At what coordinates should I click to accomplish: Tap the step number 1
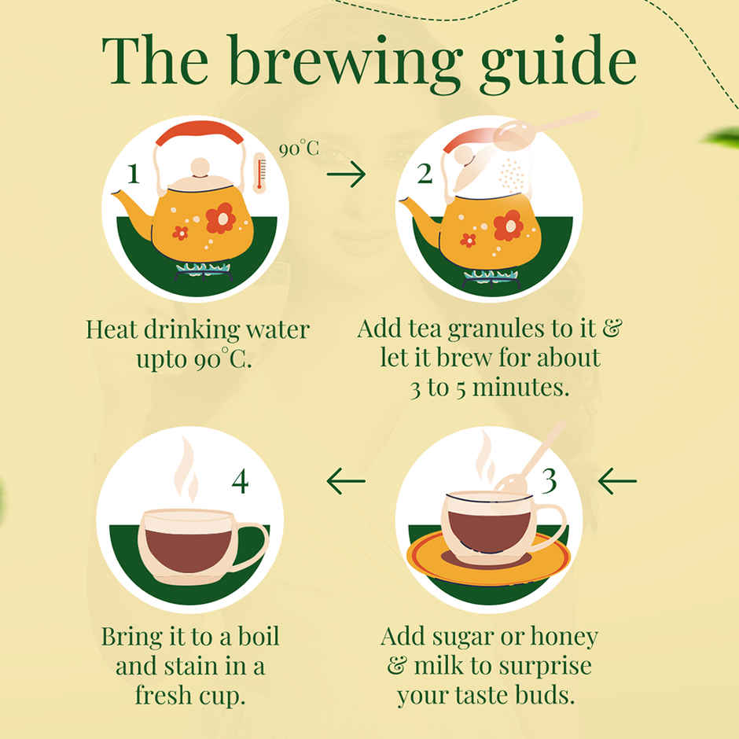click(134, 174)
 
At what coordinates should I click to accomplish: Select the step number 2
click(425, 174)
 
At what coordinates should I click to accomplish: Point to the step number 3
click(549, 481)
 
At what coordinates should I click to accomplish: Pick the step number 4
click(240, 482)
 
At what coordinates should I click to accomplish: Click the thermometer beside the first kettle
click(259, 172)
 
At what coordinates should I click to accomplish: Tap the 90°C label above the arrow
click(299, 149)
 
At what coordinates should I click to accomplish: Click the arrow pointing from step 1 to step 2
click(346, 175)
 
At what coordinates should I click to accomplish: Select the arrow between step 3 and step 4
click(346, 481)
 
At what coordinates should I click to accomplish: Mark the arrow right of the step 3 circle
click(617, 481)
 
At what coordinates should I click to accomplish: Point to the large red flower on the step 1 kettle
click(221, 219)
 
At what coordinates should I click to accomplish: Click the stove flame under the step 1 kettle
click(204, 269)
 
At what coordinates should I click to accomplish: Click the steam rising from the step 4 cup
click(186, 470)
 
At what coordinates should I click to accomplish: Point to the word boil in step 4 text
click(259, 636)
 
